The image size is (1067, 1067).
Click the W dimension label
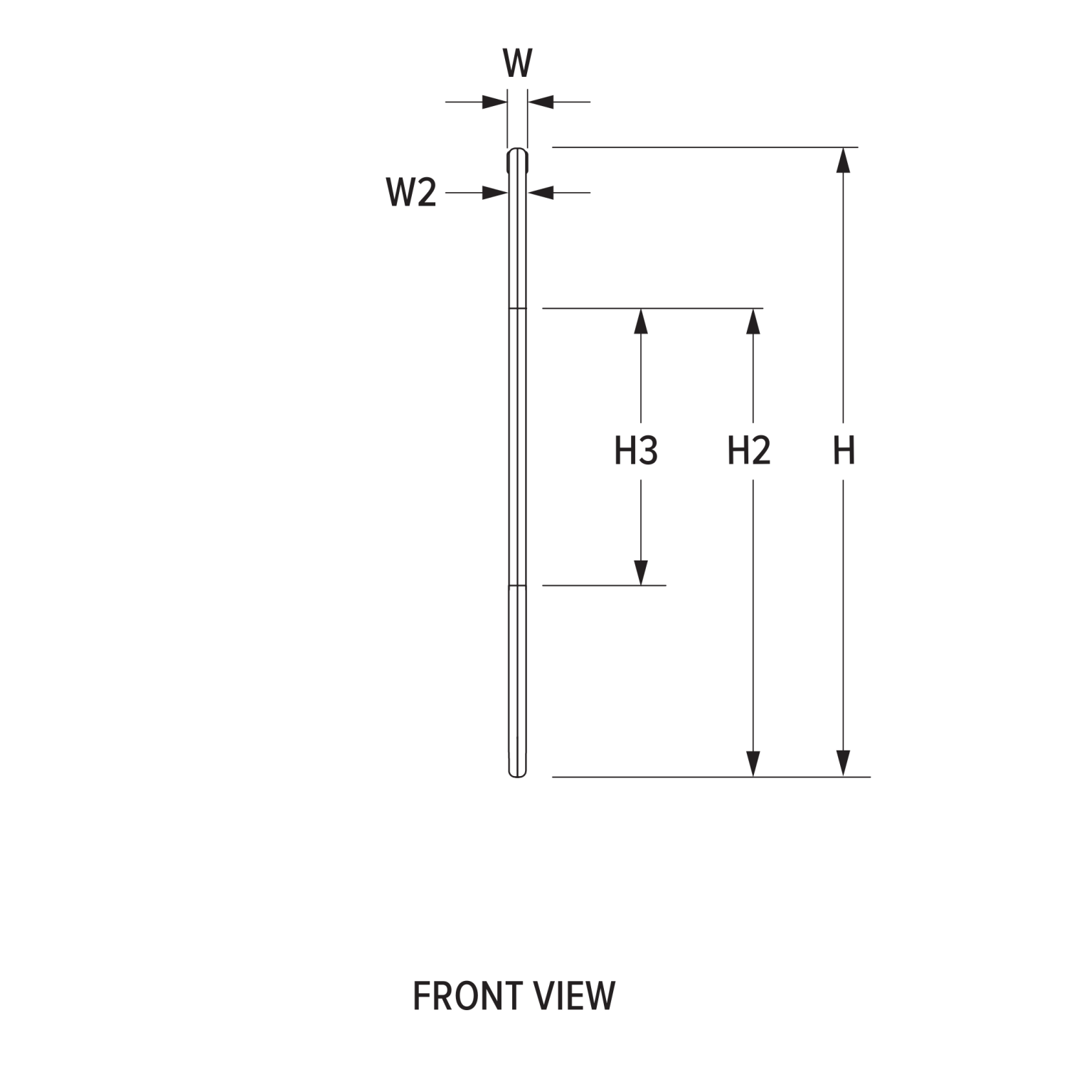[517, 63]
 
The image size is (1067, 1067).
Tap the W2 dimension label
[411, 193]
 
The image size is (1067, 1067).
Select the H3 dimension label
[636, 451]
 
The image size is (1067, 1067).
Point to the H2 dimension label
[749, 451]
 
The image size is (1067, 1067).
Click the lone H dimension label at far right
[844, 451]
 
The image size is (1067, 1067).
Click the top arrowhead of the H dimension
[843, 160]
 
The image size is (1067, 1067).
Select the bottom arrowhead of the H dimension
[843, 764]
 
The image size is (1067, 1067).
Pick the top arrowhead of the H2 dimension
[753, 321]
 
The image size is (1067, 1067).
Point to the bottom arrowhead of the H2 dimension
[753, 764]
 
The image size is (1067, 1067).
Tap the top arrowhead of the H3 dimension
[641, 321]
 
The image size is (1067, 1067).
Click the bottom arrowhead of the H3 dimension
[641, 573]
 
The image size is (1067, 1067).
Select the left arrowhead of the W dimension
[494, 102]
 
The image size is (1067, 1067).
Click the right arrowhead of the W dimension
[541, 102]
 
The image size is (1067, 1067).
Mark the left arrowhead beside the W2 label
[494, 192]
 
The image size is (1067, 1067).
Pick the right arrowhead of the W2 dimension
[541, 192]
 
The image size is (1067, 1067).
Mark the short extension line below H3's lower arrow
[604, 585]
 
